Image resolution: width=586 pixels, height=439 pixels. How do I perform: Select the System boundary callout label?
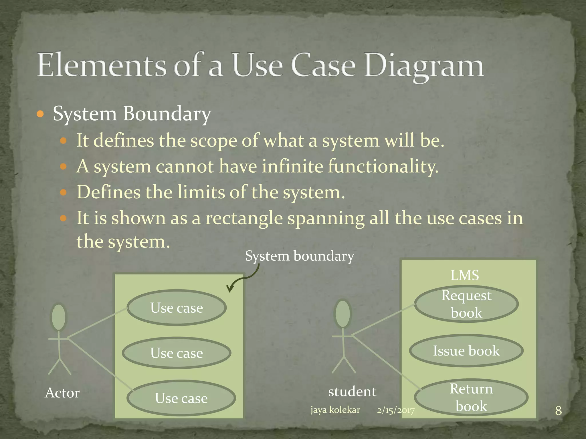tap(299, 256)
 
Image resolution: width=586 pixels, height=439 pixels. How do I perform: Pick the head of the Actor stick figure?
tap(59, 317)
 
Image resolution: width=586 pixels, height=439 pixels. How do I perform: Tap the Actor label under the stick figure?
tap(62, 393)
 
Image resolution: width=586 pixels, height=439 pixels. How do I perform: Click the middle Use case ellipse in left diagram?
tap(177, 353)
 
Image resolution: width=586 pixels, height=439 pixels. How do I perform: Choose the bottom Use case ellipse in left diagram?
tap(181, 398)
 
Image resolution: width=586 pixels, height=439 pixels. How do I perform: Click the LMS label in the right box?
tap(464, 276)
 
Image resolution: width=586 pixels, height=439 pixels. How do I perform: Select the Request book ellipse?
tap(466, 304)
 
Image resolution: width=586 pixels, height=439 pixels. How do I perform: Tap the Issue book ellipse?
tap(466, 351)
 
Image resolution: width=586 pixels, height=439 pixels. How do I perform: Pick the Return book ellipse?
tap(471, 397)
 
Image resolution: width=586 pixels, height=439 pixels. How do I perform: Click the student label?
tap(352, 392)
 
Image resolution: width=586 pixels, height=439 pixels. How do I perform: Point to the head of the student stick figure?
tap(343, 314)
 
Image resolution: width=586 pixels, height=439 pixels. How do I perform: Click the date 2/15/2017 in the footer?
tap(395, 410)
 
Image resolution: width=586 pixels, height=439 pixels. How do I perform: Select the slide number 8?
tap(558, 411)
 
